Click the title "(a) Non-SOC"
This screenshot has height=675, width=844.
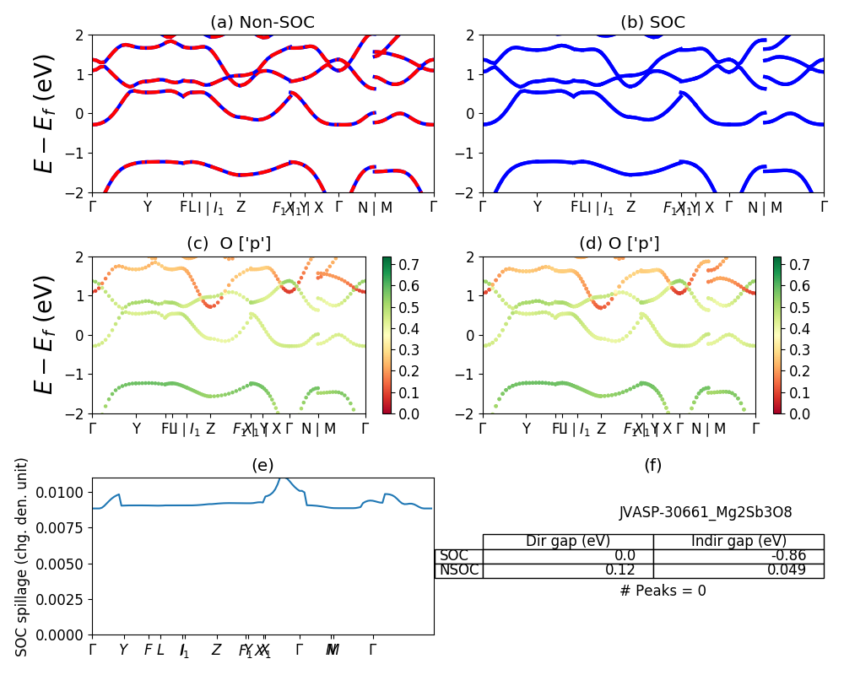pyautogui.click(x=262, y=23)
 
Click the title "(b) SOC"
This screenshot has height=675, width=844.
pyautogui.click(x=652, y=23)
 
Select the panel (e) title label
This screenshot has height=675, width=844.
pyautogui.click(x=262, y=466)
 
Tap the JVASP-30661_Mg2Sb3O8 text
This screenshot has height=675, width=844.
pyautogui.click(x=706, y=512)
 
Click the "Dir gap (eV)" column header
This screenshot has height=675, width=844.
pyautogui.click(x=568, y=542)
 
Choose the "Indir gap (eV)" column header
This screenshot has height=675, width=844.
pyautogui.click(x=738, y=542)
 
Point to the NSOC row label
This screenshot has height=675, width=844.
pyautogui.click(x=459, y=570)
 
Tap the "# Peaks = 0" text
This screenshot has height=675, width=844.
pyautogui.click(x=663, y=591)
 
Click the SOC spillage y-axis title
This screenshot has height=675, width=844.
pyautogui.click(x=23, y=557)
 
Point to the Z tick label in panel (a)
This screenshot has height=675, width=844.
pyautogui.click(x=241, y=207)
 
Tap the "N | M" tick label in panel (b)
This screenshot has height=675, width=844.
pyautogui.click(x=764, y=207)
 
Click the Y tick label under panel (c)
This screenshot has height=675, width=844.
pyautogui.click(x=137, y=429)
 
